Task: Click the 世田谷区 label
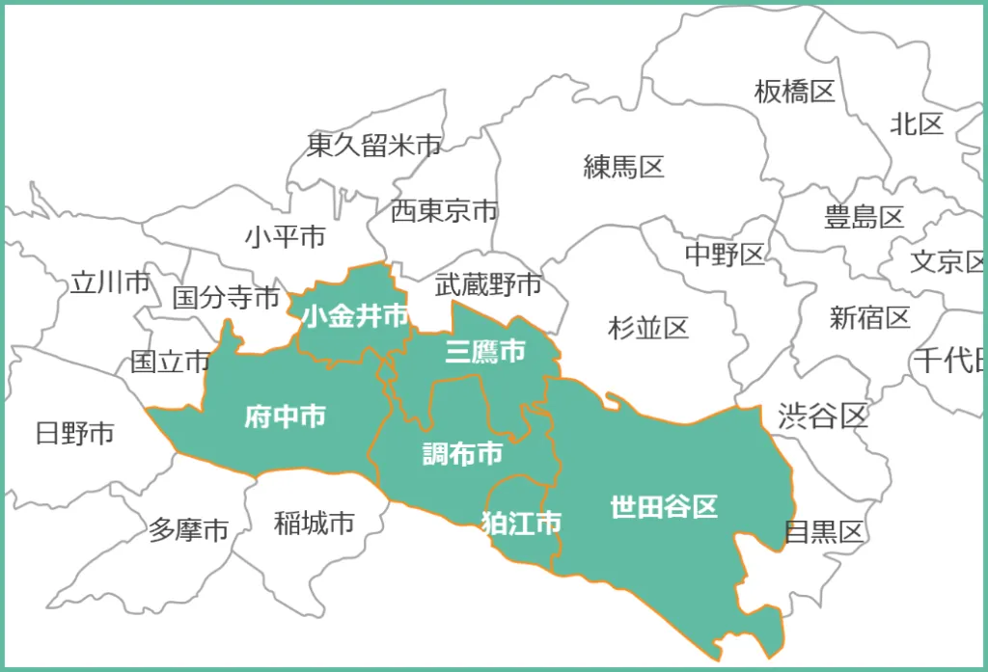[664, 506]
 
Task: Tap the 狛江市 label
[521, 524]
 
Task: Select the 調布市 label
[463, 453]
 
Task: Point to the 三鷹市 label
[485, 352]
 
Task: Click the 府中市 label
[285, 417]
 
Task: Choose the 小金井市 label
[354, 315]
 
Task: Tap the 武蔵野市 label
[488, 284]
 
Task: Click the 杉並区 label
[648, 328]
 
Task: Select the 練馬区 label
[624, 167]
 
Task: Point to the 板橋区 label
[794, 92]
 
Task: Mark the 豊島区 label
[864, 217]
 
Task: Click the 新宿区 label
[869, 316]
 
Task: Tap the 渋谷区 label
[823, 416]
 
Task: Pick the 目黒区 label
[823, 531]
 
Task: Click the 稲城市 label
[315, 524]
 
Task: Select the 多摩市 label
[189, 529]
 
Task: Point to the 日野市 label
[74, 433]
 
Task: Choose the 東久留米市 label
[373, 146]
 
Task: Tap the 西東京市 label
[444, 211]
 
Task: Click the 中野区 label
[725, 254]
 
